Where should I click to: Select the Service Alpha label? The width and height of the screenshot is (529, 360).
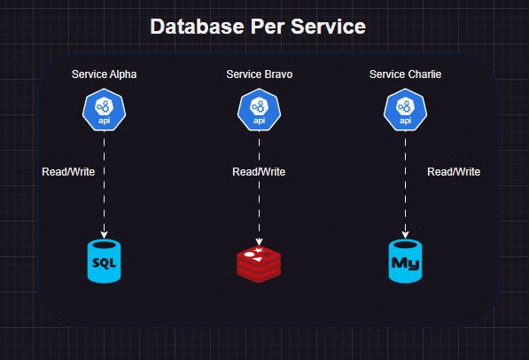click(105, 74)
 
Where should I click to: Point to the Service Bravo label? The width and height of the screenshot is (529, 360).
click(260, 74)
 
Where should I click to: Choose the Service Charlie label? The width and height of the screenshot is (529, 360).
click(405, 74)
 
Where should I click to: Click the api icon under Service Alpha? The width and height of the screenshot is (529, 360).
click(104, 111)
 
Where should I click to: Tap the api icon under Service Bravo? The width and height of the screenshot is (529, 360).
click(259, 111)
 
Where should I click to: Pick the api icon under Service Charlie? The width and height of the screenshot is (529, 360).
click(405, 111)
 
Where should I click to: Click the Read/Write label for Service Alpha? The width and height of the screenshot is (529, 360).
click(68, 171)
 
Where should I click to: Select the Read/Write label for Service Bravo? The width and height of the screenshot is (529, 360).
click(259, 171)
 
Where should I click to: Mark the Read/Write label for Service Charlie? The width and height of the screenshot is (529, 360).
click(454, 171)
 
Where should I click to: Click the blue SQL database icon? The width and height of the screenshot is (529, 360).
click(104, 262)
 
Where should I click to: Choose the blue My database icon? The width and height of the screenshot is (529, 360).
click(405, 262)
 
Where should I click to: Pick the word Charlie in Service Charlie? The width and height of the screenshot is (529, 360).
click(424, 74)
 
